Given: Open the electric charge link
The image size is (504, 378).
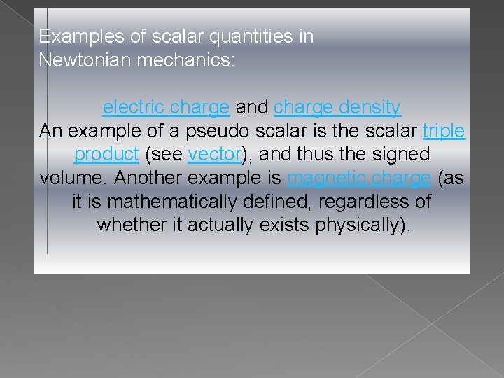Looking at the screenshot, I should point(166,108).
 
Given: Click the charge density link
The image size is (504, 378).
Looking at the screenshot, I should point(337,108).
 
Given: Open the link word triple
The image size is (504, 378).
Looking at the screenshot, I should point(444,131).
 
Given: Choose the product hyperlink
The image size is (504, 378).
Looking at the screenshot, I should point(106,154).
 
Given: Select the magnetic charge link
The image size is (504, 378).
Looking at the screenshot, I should point(359,178).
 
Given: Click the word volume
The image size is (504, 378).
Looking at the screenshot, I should point(72,178).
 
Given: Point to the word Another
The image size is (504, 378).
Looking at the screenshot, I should point(152,178).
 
